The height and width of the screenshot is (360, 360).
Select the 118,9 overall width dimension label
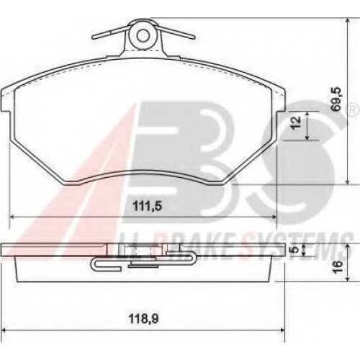[x=144, y=319]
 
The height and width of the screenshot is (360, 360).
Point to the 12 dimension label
[x=297, y=122]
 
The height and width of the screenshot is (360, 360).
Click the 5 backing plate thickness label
[x=296, y=250]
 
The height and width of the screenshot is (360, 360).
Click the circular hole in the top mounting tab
[x=143, y=35]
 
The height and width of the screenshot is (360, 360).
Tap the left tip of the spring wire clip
[x=93, y=37]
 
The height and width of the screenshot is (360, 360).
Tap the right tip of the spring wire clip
[x=194, y=37]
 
